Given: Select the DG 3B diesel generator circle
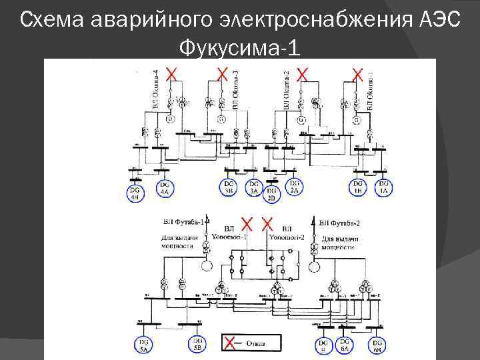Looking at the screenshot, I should point(229,189).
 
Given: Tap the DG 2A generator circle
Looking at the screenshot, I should point(294,188).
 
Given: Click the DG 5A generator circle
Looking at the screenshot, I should point(144,345).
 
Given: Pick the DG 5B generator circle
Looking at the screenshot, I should point(197,343).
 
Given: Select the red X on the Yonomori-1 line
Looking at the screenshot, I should point(247,222).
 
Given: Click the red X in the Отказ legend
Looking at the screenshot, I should point(229,343).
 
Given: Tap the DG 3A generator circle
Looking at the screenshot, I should point(253,189).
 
